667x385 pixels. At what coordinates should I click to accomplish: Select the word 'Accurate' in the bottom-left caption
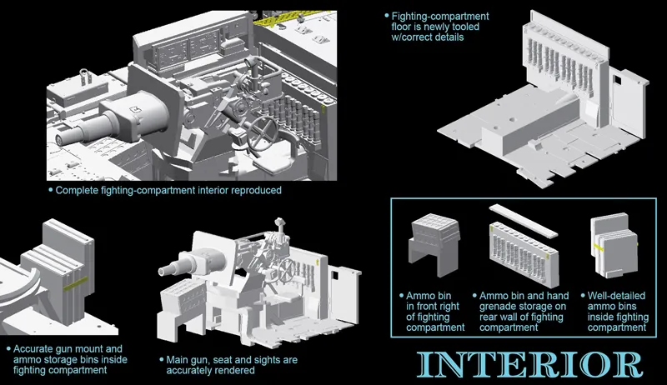pyautogui.click(x=39, y=347)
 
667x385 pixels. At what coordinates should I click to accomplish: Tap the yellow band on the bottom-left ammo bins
pyautogui.click(x=72, y=283)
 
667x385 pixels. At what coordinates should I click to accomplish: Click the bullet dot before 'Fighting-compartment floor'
pyautogui.click(x=386, y=16)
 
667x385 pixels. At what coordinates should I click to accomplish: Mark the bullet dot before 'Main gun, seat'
pyautogui.click(x=160, y=360)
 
